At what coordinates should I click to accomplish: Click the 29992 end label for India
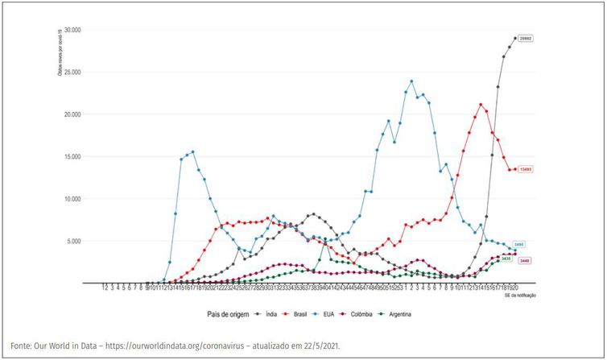525,39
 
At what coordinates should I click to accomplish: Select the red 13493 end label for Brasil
525,169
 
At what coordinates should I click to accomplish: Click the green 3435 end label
507,259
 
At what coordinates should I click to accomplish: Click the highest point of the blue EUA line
411,81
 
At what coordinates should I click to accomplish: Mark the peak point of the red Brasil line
481,104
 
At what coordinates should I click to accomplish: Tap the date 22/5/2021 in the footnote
320,346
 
